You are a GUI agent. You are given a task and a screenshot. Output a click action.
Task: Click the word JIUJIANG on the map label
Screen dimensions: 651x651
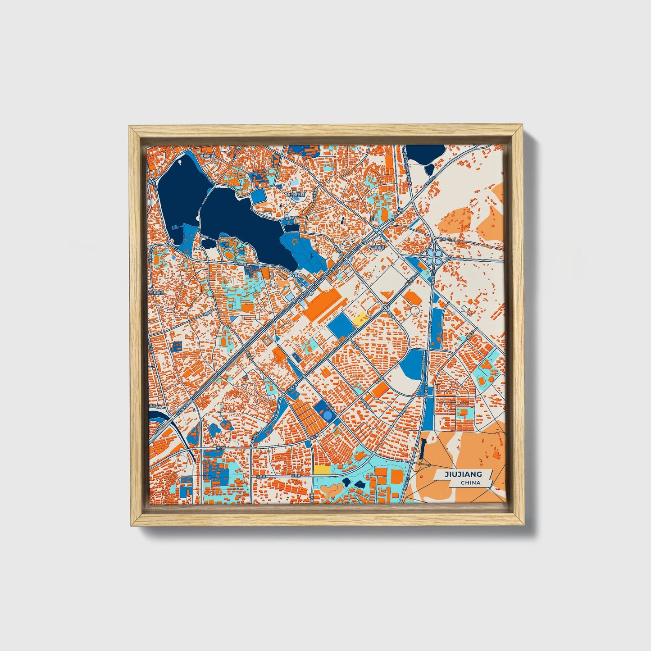pos(463,474)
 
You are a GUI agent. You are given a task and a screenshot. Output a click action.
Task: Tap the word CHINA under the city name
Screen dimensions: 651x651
pos(470,483)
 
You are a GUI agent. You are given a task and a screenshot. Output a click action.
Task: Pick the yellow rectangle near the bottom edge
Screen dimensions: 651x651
pos(322,469)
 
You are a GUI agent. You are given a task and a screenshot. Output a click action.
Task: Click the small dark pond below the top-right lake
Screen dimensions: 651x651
pos(429,169)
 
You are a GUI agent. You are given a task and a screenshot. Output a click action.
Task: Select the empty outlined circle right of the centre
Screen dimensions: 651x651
pos(414,311)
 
